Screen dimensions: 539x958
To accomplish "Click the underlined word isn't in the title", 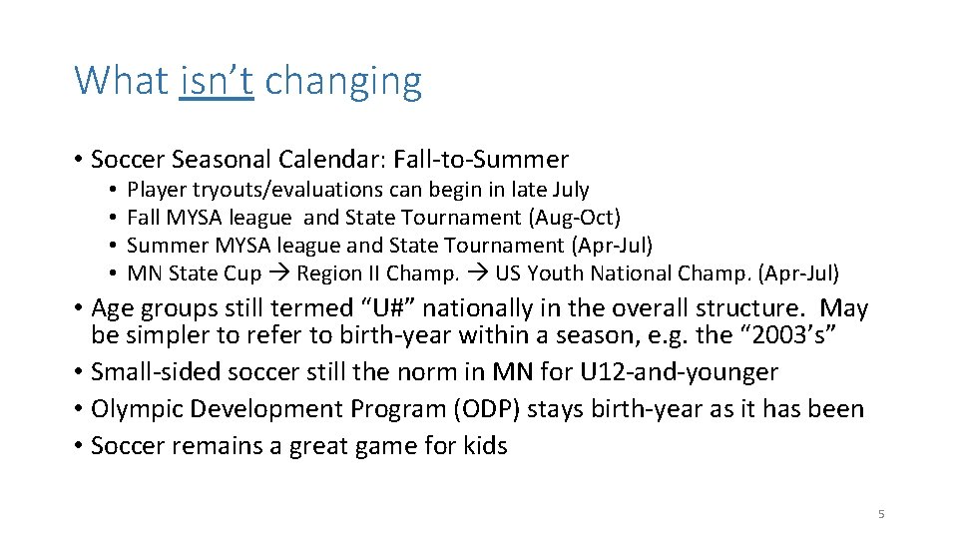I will point(217,81).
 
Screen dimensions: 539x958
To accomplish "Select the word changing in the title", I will point(343,81).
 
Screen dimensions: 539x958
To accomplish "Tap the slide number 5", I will point(881,514).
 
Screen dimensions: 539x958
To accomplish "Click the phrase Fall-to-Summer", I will point(481,160).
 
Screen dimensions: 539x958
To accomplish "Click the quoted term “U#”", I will point(391,309).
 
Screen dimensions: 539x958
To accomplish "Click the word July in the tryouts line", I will point(568,190).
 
